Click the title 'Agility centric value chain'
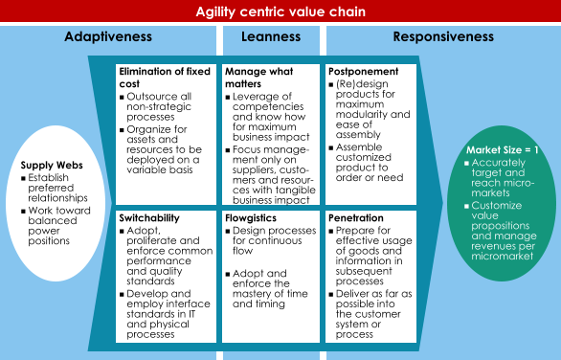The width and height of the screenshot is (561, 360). (x=280, y=12)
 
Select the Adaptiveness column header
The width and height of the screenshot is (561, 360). (x=108, y=37)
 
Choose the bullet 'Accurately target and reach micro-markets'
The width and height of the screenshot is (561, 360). (x=506, y=176)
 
